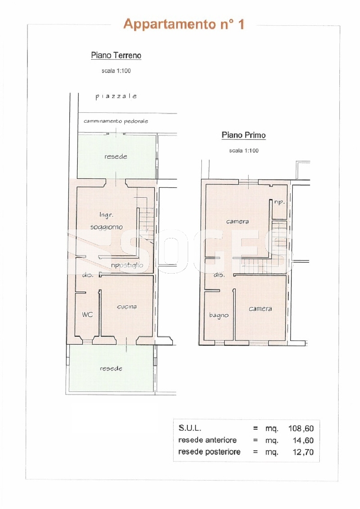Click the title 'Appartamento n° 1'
pyautogui.click(x=184, y=24)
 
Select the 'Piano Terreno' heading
pyautogui.click(x=116, y=55)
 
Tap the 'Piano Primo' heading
pyautogui.click(x=243, y=135)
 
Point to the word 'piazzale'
pyautogui.click(x=116, y=96)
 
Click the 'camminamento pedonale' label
pyautogui.click(x=116, y=121)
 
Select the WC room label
pyautogui.click(x=87, y=314)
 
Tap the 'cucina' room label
pyautogui.click(x=127, y=307)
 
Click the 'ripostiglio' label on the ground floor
pyautogui.click(x=127, y=265)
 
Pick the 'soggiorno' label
pyautogui.click(x=106, y=227)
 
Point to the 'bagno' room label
pyautogui.click(x=219, y=315)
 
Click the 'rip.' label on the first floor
pyautogui.click(x=279, y=202)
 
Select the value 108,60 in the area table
pyautogui.click(x=301, y=428)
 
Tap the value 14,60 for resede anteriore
pyautogui.click(x=303, y=440)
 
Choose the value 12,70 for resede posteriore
pyautogui.click(x=303, y=452)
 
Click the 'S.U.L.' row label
pyautogui.click(x=190, y=428)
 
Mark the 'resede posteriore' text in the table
pyautogui.click(x=210, y=452)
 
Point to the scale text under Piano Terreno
pyautogui.click(x=116, y=71)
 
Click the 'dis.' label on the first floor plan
pyautogui.click(x=219, y=274)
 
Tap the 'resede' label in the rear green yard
pyautogui.click(x=111, y=368)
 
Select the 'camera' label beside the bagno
pyautogui.click(x=261, y=309)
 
